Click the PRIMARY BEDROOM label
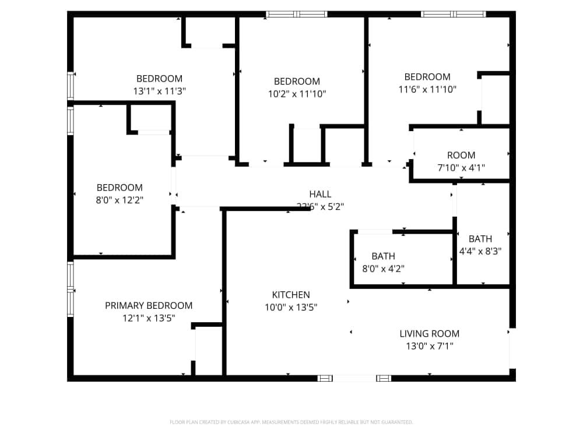click(x=149, y=305)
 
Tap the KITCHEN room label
click(x=291, y=295)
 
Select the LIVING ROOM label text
click(x=429, y=334)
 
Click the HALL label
click(x=320, y=194)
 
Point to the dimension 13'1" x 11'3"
click(x=159, y=91)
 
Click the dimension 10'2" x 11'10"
click(x=297, y=94)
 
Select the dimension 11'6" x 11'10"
click(x=427, y=89)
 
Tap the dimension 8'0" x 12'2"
click(x=120, y=200)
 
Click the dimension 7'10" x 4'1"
click(x=461, y=168)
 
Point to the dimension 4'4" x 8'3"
click(x=480, y=251)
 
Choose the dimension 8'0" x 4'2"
click(x=383, y=269)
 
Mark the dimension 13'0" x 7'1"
click(x=429, y=346)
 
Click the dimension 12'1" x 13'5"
click(x=149, y=318)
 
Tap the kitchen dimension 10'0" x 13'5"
click(x=291, y=307)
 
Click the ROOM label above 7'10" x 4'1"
click(x=461, y=155)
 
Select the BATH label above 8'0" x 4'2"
click(x=383, y=256)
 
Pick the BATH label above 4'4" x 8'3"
click(x=480, y=239)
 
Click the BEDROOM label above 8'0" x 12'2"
click(x=120, y=188)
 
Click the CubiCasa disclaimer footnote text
click(x=291, y=422)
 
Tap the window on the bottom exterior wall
click(x=354, y=378)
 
